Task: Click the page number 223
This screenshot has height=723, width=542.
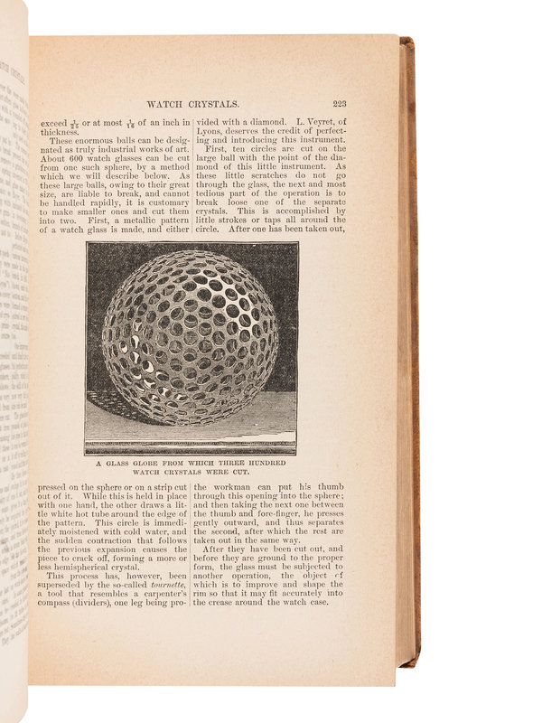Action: (x=344, y=103)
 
